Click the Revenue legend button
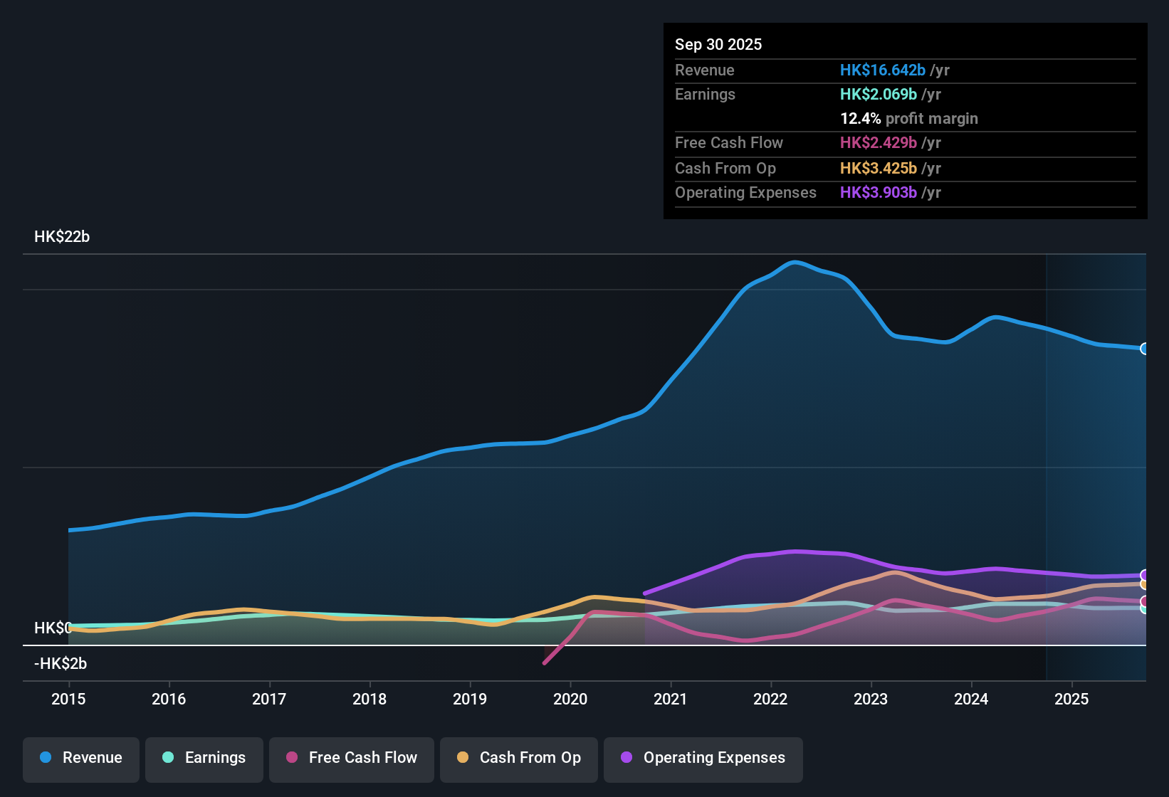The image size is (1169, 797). tap(81, 758)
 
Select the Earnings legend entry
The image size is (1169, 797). tap(204, 758)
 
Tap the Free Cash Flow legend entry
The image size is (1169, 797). tap(352, 758)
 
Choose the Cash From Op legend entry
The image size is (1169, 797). tap(519, 758)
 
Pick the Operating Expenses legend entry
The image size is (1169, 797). tap(703, 758)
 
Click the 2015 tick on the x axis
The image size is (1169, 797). tap(68, 699)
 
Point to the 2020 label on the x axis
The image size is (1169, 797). tap(570, 699)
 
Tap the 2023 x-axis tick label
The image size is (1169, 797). tap(871, 699)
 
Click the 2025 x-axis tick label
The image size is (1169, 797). tap(1071, 699)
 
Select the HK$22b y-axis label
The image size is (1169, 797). tap(62, 237)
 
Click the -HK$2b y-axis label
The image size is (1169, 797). tap(61, 664)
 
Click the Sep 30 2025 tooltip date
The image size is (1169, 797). tap(718, 44)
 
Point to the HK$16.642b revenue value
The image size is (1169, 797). tap(882, 70)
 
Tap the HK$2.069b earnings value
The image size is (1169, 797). tap(878, 94)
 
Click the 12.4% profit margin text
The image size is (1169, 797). tap(908, 118)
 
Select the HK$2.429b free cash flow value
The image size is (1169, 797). tap(878, 142)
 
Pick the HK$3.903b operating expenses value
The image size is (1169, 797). tap(878, 192)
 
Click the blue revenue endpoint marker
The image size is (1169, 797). tap(1145, 349)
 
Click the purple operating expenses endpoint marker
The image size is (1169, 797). tap(1145, 575)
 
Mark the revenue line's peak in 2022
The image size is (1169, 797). tap(795, 262)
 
